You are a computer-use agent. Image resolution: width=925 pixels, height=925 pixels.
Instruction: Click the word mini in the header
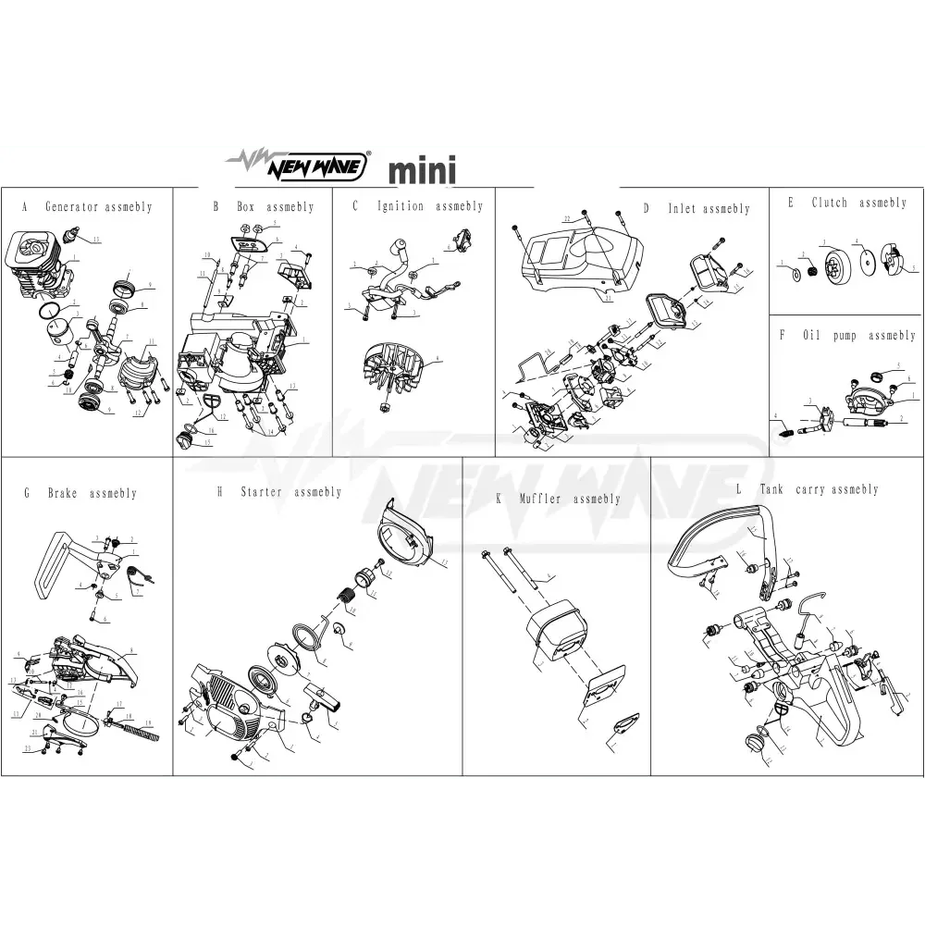[422, 172]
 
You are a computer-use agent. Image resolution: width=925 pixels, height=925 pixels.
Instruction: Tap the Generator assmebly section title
[87, 207]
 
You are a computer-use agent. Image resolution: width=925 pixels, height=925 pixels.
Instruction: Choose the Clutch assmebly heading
[846, 203]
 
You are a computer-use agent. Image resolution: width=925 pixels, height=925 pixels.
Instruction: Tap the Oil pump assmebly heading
[847, 336]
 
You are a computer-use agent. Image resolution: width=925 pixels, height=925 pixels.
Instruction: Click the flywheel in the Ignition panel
[398, 375]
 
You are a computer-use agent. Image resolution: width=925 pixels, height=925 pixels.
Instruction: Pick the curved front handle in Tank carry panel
[717, 537]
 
